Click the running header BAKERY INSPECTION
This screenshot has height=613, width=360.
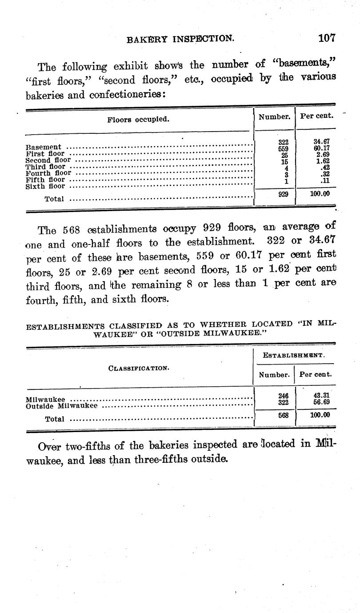coord(180,39)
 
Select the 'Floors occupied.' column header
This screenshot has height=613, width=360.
coord(138,119)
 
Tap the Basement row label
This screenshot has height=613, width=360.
coord(43,147)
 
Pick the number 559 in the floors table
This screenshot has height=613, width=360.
coord(283,149)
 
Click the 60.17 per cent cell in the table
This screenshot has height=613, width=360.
coord(321,148)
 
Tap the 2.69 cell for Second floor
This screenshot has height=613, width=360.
coord(321,155)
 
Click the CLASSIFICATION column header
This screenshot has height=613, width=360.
coord(138,368)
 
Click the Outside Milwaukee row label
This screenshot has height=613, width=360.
coord(62,406)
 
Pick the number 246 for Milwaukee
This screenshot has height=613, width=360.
coord(283,395)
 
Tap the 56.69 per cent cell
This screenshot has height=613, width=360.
coord(321,402)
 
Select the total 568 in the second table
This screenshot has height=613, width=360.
coord(283,415)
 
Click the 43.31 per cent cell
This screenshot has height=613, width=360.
coord(321,395)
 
